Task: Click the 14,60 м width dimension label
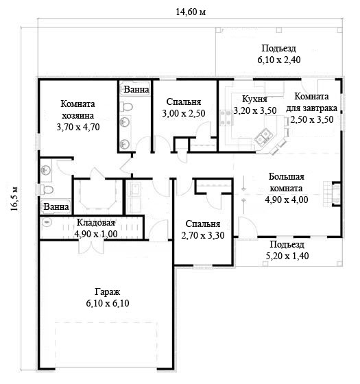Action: coord(191,12)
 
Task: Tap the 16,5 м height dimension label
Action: coord(14,199)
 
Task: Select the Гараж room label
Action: coord(108,291)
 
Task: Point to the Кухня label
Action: coord(254,99)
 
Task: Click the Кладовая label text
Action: coord(96,223)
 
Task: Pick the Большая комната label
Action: coord(287,182)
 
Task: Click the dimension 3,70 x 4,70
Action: coord(78,127)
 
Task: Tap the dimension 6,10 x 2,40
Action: coord(279,60)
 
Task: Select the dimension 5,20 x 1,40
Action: coord(287,256)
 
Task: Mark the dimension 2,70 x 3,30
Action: coord(203,235)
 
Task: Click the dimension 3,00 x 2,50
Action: coord(184,113)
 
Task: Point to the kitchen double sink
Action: coord(263,138)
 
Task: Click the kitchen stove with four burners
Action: coord(226,118)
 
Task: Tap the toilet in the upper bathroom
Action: coord(126,107)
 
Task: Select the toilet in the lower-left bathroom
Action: coord(47,189)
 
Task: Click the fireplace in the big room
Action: coord(335,194)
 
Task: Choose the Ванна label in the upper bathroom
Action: coord(136,89)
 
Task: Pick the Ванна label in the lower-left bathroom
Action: coord(56,206)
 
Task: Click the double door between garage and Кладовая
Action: coord(91,247)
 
